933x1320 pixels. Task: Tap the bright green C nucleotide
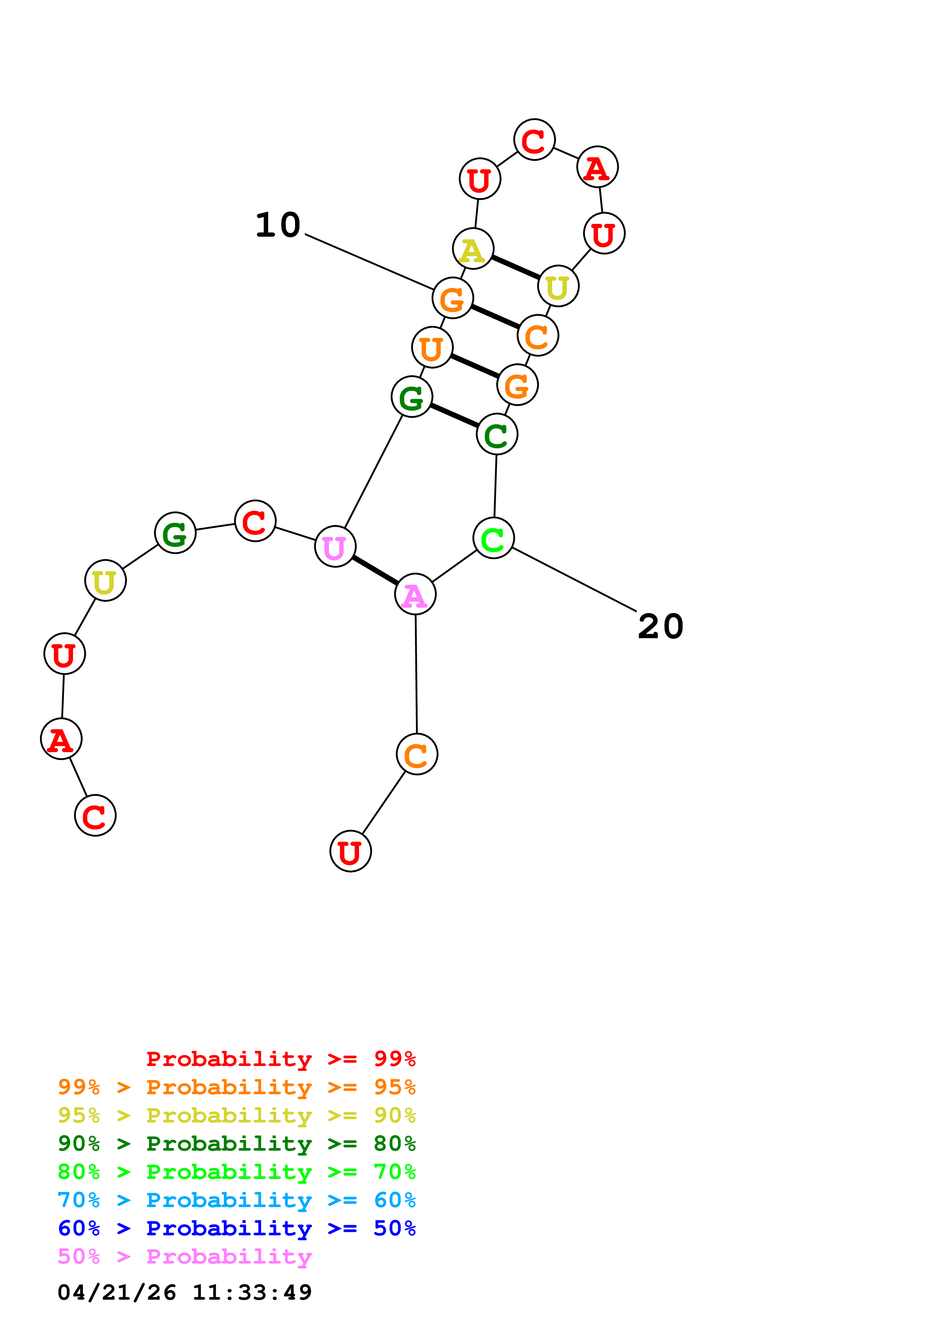[x=493, y=538]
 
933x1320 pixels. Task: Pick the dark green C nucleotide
[x=497, y=434]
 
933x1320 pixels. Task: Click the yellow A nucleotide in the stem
[x=473, y=249]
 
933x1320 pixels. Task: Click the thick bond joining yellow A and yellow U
[x=516, y=267]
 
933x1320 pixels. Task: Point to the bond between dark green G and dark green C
[x=454, y=416]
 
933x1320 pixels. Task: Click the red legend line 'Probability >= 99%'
[x=280, y=1059]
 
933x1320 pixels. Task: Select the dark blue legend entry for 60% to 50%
[x=236, y=1228]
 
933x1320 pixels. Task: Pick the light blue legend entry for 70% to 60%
[x=236, y=1200]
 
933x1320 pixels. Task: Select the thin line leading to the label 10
[x=369, y=262]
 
